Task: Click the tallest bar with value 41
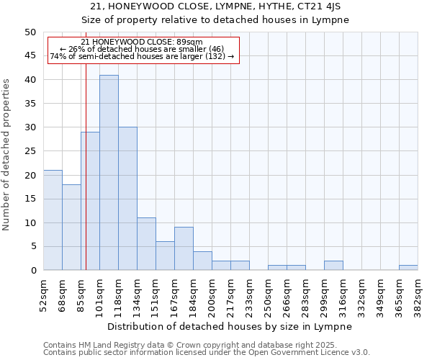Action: click(109, 173)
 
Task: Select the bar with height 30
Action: click(127, 199)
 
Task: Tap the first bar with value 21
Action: click(53, 220)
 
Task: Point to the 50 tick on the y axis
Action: click(30, 32)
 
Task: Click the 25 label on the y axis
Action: click(30, 151)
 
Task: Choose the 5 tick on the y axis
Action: click(32, 246)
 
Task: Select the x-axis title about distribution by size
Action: click(230, 326)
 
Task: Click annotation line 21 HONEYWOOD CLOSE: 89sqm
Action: click(142, 42)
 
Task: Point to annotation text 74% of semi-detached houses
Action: click(142, 56)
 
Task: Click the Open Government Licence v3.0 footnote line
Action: click(207, 353)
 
